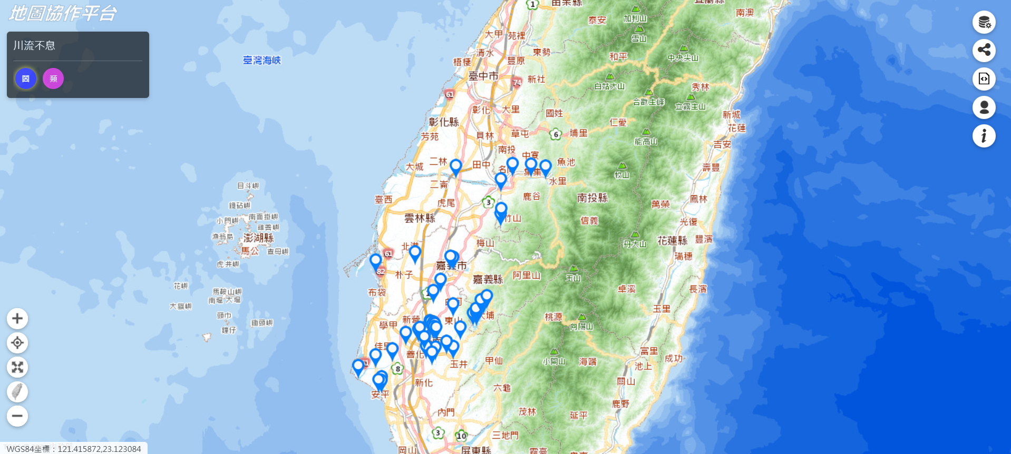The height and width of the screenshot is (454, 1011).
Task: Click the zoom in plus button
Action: pyautogui.click(x=17, y=319)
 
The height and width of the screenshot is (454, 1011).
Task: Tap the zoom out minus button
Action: pyautogui.click(x=17, y=416)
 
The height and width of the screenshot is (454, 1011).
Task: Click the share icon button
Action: pyautogui.click(x=984, y=51)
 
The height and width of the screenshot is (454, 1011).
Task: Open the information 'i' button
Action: pyautogui.click(x=984, y=136)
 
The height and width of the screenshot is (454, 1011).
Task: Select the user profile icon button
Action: pyautogui.click(x=984, y=107)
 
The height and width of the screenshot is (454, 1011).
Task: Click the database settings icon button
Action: pyautogui.click(x=984, y=22)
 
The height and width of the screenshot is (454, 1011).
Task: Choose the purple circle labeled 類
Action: pyautogui.click(x=53, y=79)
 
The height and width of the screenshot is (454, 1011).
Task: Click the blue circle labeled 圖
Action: pyautogui.click(x=26, y=79)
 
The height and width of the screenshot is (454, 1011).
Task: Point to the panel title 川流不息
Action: pyautogui.click(x=34, y=46)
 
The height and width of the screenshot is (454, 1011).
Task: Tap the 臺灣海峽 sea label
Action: pyautogui.click(x=262, y=61)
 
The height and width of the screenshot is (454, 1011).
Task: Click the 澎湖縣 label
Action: pyautogui.click(x=258, y=238)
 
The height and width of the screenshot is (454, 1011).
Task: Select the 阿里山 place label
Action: pyautogui.click(x=527, y=275)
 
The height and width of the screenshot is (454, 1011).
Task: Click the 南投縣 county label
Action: pyautogui.click(x=592, y=198)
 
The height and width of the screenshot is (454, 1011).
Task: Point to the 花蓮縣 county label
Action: pyautogui.click(x=672, y=241)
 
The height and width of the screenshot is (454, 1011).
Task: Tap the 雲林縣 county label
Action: pyautogui.click(x=420, y=218)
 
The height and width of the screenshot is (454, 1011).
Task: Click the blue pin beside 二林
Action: pyautogui.click(x=456, y=167)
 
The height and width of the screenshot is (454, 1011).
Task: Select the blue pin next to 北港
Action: pyautogui.click(x=415, y=253)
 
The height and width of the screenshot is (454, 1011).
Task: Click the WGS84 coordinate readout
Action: pyautogui.click(x=74, y=449)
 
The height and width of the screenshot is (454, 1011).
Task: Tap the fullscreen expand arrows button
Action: pyautogui.click(x=17, y=367)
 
